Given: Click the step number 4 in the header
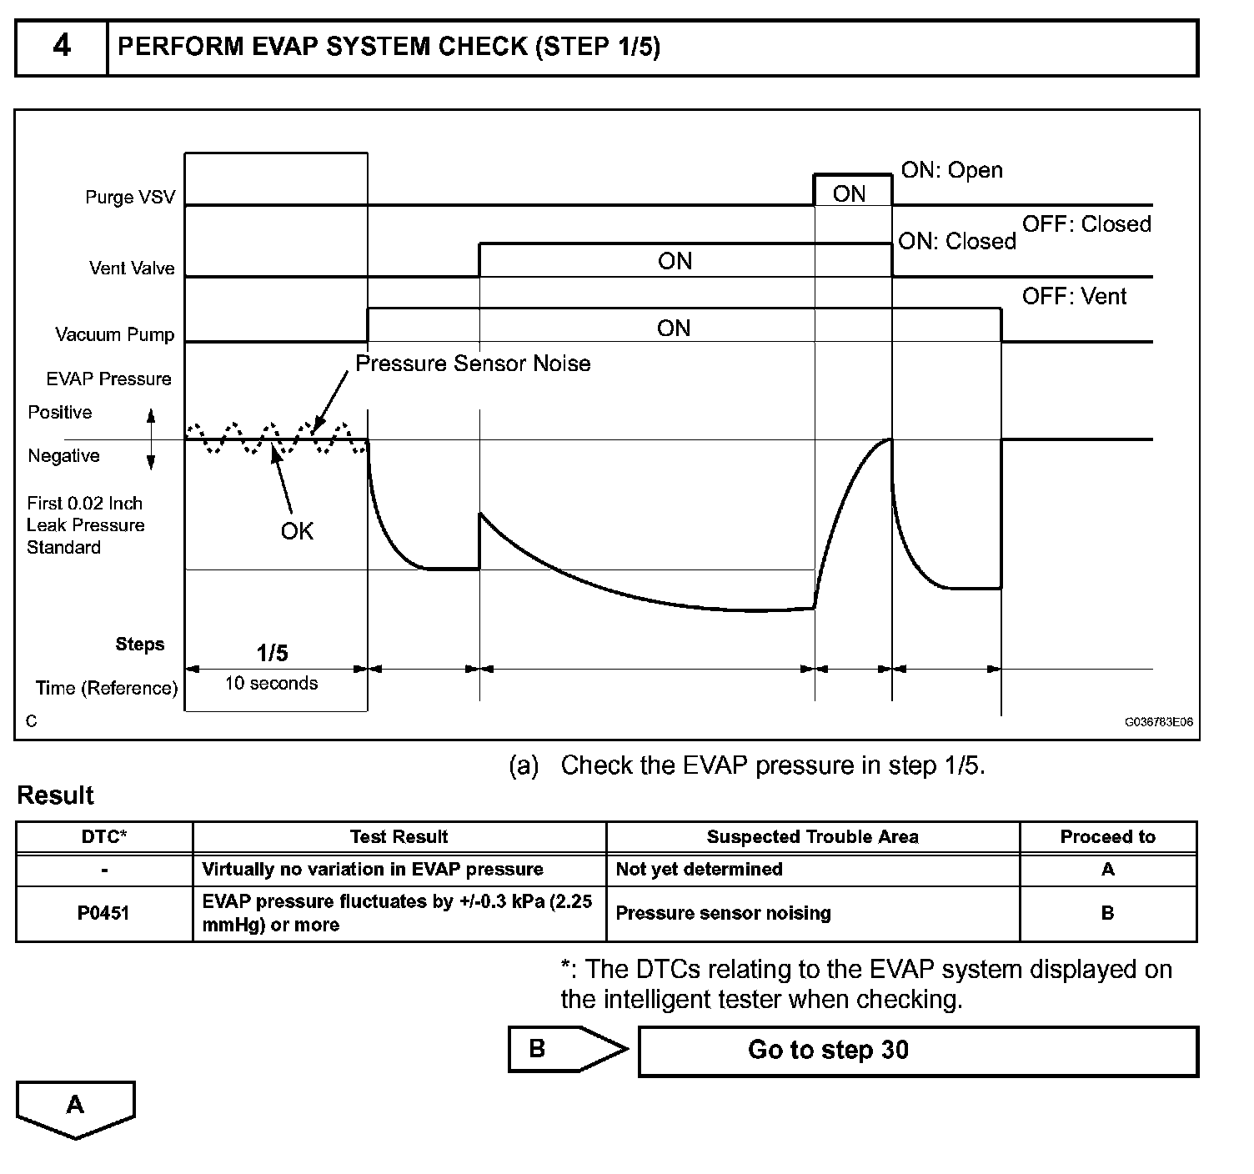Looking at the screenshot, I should (x=62, y=46).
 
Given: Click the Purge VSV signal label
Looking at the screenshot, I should (x=130, y=198).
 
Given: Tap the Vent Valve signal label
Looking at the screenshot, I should (x=132, y=268).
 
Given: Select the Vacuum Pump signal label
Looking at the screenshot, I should (x=115, y=335).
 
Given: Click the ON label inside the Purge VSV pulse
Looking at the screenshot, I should (x=849, y=194).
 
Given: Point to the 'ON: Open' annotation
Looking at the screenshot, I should (x=951, y=170).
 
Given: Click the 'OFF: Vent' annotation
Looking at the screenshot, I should (x=1074, y=297).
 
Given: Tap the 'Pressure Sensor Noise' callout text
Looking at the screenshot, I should (x=473, y=364).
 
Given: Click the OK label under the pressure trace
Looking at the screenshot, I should (x=297, y=531).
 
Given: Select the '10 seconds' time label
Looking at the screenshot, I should (x=271, y=684).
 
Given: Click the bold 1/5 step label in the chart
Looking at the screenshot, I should (x=273, y=653).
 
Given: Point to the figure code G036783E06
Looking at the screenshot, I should (x=1158, y=722).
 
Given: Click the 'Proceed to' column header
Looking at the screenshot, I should (x=1107, y=837).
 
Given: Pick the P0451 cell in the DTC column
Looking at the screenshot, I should (x=103, y=913).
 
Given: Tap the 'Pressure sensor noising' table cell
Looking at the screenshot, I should (x=723, y=913).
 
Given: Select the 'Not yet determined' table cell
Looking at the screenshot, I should (x=699, y=870).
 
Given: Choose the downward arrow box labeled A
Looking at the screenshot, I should (x=75, y=1107).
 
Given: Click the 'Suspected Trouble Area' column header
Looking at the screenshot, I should (x=812, y=837).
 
